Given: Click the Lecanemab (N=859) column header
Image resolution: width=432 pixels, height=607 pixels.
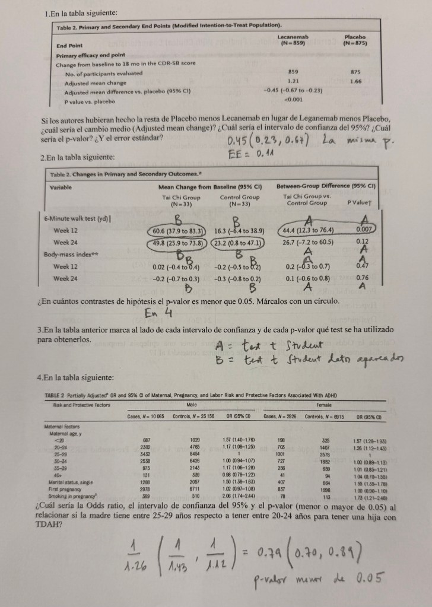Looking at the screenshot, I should pyautogui.click(x=290, y=40).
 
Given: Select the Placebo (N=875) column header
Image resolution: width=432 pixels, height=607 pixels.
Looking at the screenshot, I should pyautogui.click(x=355, y=40).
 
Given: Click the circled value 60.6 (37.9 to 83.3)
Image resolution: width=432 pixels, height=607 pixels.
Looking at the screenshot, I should pyautogui.click(x=178, y=231).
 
